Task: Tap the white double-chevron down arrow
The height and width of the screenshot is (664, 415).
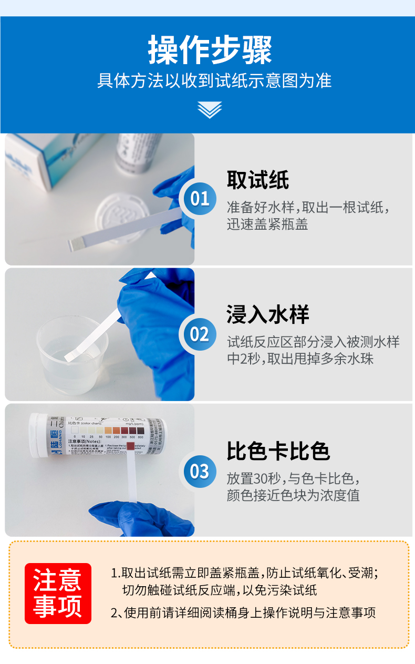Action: [210, 109]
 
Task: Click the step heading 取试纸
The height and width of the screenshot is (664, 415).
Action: [258, 180]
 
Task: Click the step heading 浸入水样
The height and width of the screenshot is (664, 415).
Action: [268, 314]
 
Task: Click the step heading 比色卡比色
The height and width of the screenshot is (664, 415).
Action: [278, 451]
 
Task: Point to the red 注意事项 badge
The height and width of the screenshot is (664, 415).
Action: [58, 593]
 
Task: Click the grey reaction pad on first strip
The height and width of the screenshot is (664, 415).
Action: [76, 243]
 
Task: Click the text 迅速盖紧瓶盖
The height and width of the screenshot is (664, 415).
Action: [267, 224]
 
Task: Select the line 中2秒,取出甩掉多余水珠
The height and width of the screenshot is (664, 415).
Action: [300, 360]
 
